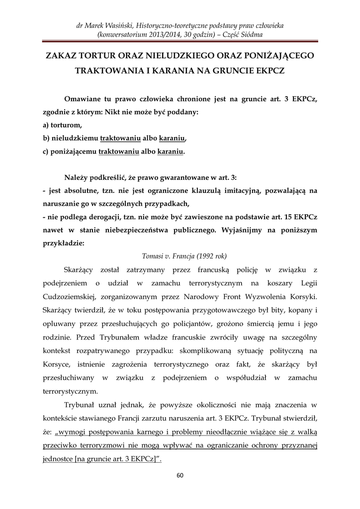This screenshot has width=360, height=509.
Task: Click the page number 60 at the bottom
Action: (180, 475)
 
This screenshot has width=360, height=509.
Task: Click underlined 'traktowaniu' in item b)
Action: (119, 138)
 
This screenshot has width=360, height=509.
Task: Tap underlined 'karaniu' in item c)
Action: (170, 151)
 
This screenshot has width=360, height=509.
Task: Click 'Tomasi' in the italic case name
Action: (153, 256)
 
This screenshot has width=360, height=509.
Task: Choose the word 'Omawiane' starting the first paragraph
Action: (85, 99)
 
